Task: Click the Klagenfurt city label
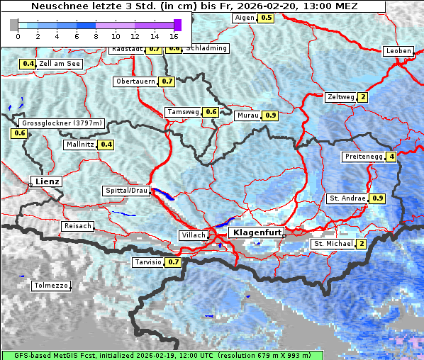257,232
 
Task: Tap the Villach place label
193,235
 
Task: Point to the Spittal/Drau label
126,191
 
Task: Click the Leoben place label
398,51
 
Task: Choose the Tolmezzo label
52,286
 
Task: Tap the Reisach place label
78,226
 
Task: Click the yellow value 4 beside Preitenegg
391,157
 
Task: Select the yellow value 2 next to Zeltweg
363,97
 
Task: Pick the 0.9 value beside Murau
270,115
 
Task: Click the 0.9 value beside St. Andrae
377,198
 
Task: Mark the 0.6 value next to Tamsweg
211,112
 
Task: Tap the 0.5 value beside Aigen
266,17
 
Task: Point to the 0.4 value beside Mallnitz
106,145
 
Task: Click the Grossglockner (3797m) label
62,123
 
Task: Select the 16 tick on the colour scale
174,35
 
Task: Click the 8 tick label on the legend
96,35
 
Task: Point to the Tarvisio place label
147,262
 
